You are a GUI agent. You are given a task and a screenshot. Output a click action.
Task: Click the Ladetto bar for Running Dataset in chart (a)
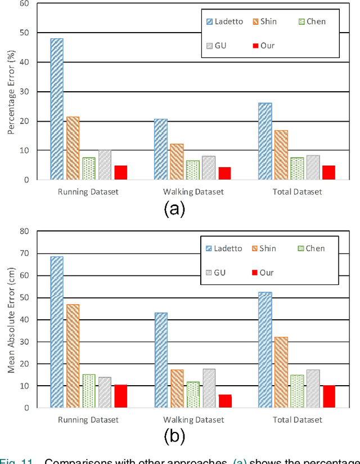click(x=57, y=109)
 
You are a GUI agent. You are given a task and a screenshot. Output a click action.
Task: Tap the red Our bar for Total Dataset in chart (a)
click(x=328, y=173)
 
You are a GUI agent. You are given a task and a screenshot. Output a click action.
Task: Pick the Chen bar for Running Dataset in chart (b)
click(x=89, y=391)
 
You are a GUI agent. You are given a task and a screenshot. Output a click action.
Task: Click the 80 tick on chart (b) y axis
click(x=24, y=231)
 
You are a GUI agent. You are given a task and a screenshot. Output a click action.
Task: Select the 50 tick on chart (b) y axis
click(x=24, y=297)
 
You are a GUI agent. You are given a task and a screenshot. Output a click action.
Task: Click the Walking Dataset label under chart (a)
click(x=193, y=192)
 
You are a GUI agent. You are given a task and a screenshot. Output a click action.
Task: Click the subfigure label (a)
click(x=174, y=209)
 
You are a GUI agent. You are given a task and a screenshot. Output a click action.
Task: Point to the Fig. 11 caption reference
click(x=11, y=461)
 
